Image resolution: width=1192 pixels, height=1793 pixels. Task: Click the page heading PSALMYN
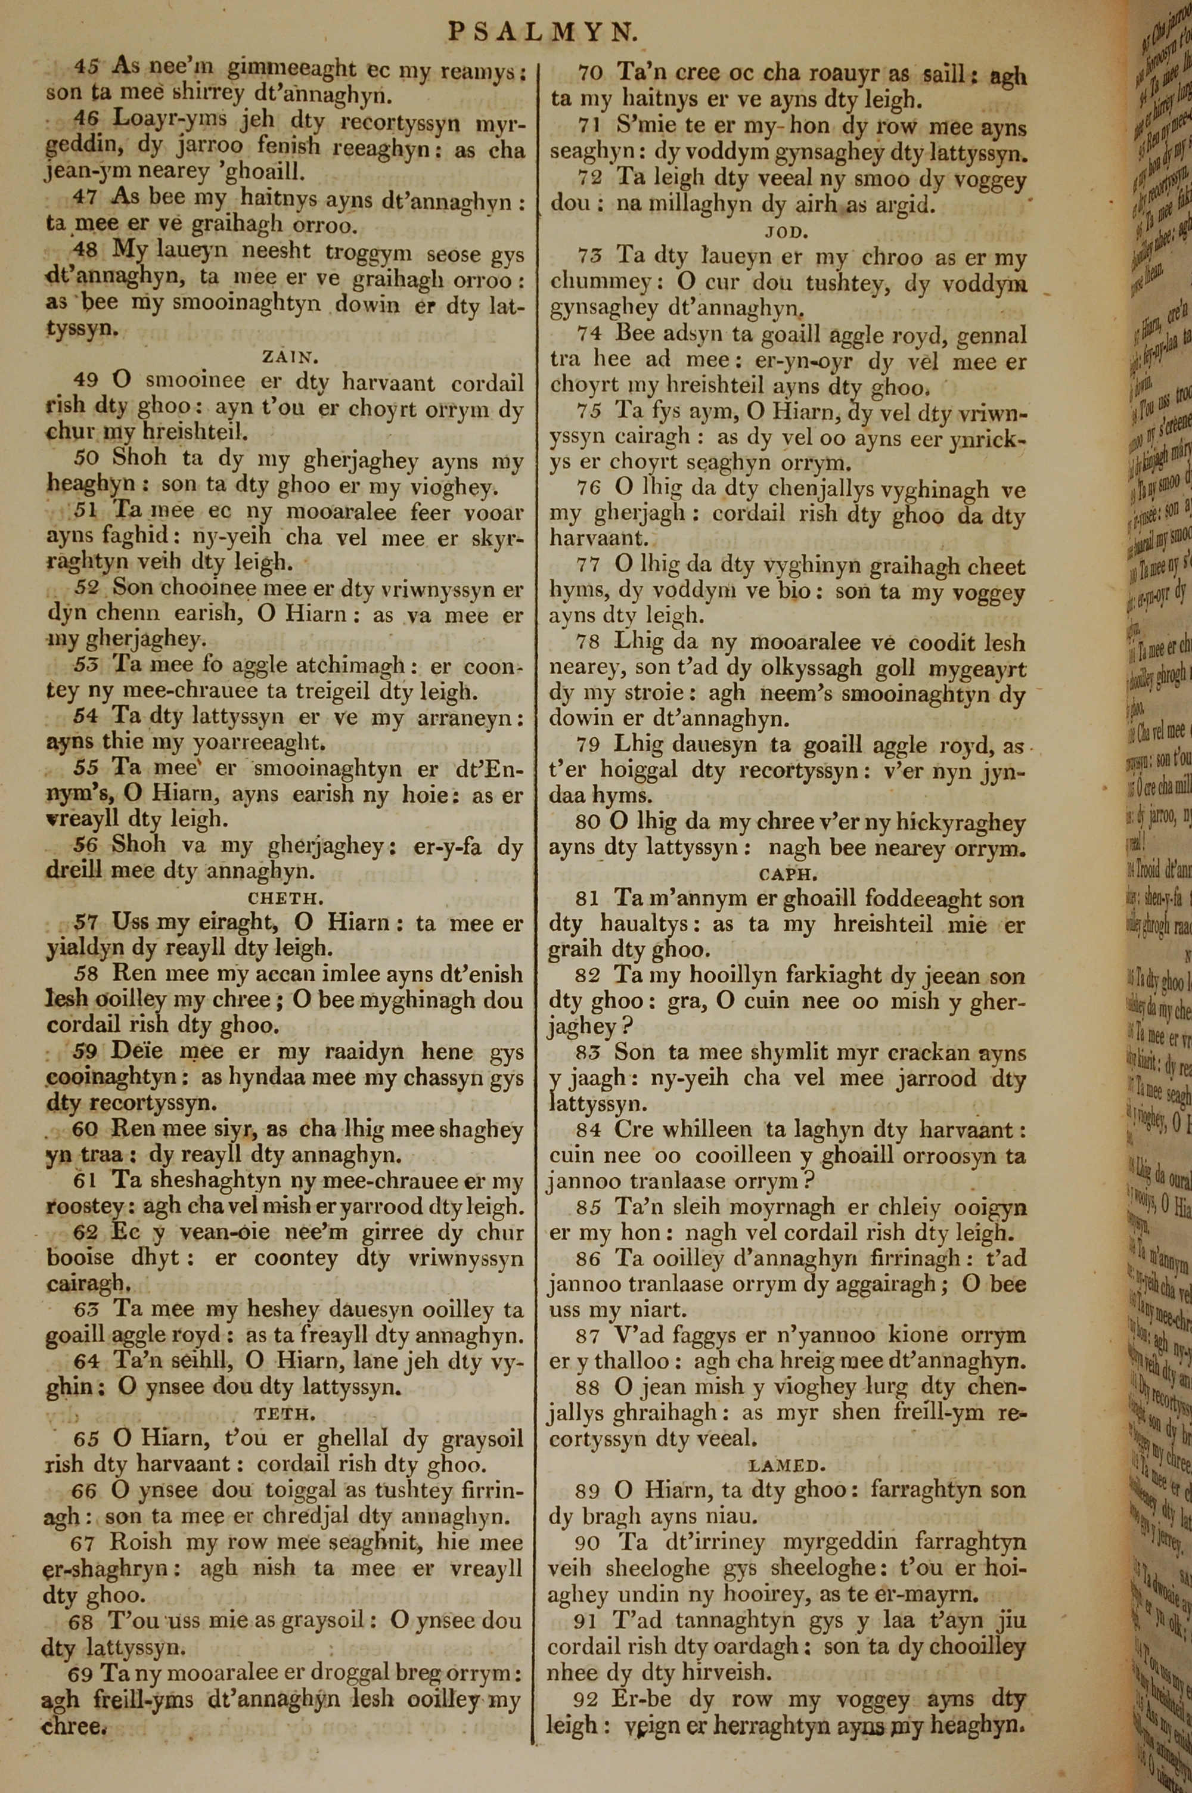pos(541,31)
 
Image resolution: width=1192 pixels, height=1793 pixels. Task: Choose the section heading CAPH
pos(787,874)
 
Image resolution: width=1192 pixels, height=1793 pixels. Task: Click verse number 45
pos(86,67)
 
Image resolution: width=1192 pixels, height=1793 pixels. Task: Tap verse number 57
pos(86,923)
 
